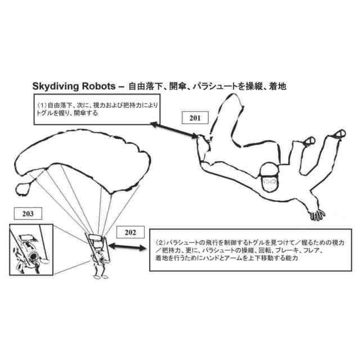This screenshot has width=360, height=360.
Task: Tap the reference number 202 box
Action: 130,232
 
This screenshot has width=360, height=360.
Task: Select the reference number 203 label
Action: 28,214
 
